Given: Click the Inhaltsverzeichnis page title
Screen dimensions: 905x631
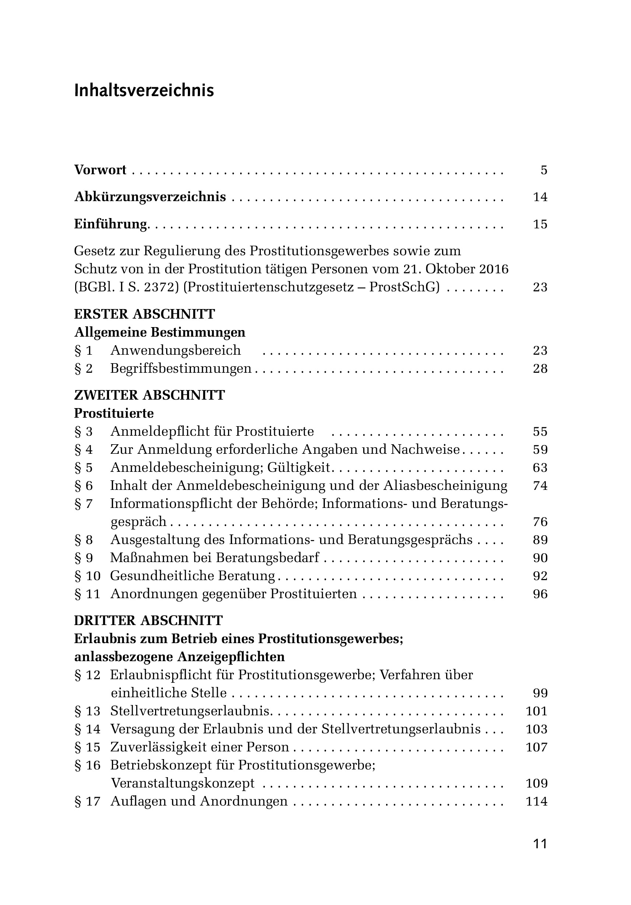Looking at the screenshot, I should point(144,91).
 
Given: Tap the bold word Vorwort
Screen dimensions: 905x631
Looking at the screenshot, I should point(100,170).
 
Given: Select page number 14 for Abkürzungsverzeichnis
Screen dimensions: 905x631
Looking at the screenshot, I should point(540,197).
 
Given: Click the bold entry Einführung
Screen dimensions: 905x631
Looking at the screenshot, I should point(111,224).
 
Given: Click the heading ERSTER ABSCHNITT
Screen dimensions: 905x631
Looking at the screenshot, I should point(145,314).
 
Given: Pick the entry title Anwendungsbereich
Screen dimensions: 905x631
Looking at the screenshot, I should point(175,350).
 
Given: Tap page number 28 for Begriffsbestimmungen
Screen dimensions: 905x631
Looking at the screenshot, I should point(540,369).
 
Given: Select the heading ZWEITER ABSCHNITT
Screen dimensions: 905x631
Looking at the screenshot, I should point(150,395).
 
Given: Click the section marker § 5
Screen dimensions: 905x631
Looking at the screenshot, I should point(84,467).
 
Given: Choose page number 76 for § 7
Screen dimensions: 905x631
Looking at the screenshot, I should point(540,522).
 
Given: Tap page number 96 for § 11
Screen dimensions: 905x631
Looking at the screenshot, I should point(540,594).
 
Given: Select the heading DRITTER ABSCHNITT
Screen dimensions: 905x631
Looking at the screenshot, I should point(148,621).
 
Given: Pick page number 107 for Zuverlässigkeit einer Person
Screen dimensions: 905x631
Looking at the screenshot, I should point(536,747).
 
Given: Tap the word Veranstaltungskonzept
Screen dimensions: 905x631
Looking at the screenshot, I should point(183,783).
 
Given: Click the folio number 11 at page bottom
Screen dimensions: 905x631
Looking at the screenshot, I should point(540,844).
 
